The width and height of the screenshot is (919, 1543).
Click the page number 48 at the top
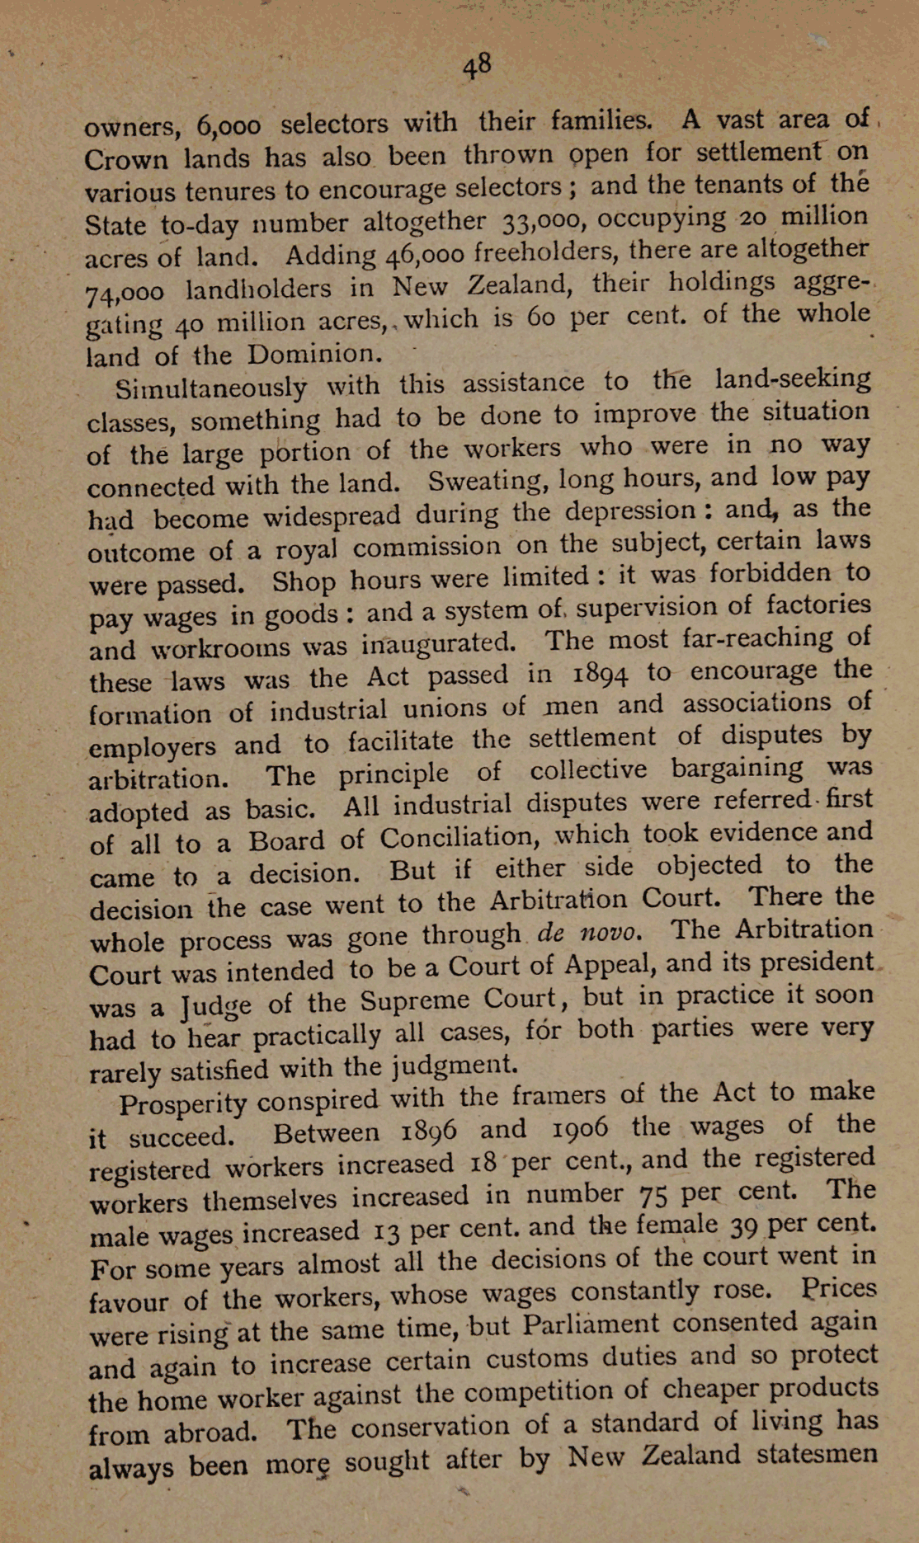click(x=477, y=65)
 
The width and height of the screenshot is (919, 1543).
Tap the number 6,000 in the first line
click(x=229, y=125)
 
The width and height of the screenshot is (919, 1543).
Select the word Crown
click(x=125, y=158)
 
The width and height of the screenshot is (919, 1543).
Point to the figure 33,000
click(x=541, y=220)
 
